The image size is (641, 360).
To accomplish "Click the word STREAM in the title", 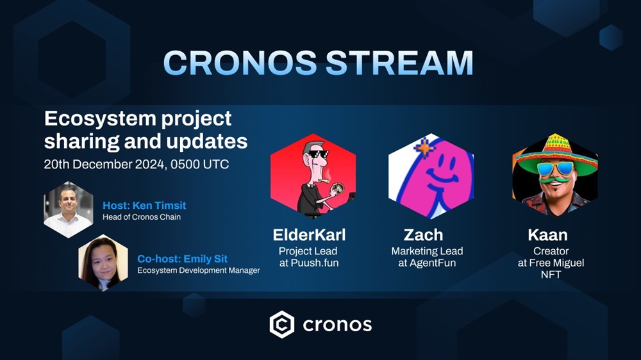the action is click(x=399, y=63).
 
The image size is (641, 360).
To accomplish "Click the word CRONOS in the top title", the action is click(x=240, y=63).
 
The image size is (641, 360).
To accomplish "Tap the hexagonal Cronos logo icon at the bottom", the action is click(x=281, y=325).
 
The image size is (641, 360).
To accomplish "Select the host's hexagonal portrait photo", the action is click(x=69, y=209).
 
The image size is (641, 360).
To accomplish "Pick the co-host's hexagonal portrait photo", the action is click(x=103, y=263).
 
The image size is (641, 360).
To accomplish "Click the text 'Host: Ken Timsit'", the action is click(x=144, y=205).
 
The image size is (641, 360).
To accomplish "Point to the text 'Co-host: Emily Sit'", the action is click(x=182, y=259).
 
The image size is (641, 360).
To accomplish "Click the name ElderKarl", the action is click(x=309, y=235).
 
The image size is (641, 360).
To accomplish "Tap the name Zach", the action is click(x=423, y=235).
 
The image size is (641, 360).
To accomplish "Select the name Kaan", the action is click(x=547, y=235).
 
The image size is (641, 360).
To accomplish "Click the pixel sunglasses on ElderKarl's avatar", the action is click(x=318, y=154).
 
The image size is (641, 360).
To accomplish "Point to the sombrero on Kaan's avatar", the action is click(x=556, y=154).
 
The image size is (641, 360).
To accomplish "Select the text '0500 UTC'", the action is click(x=199, y=164).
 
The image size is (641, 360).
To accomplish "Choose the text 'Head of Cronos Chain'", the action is click(x=142, y=217).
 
